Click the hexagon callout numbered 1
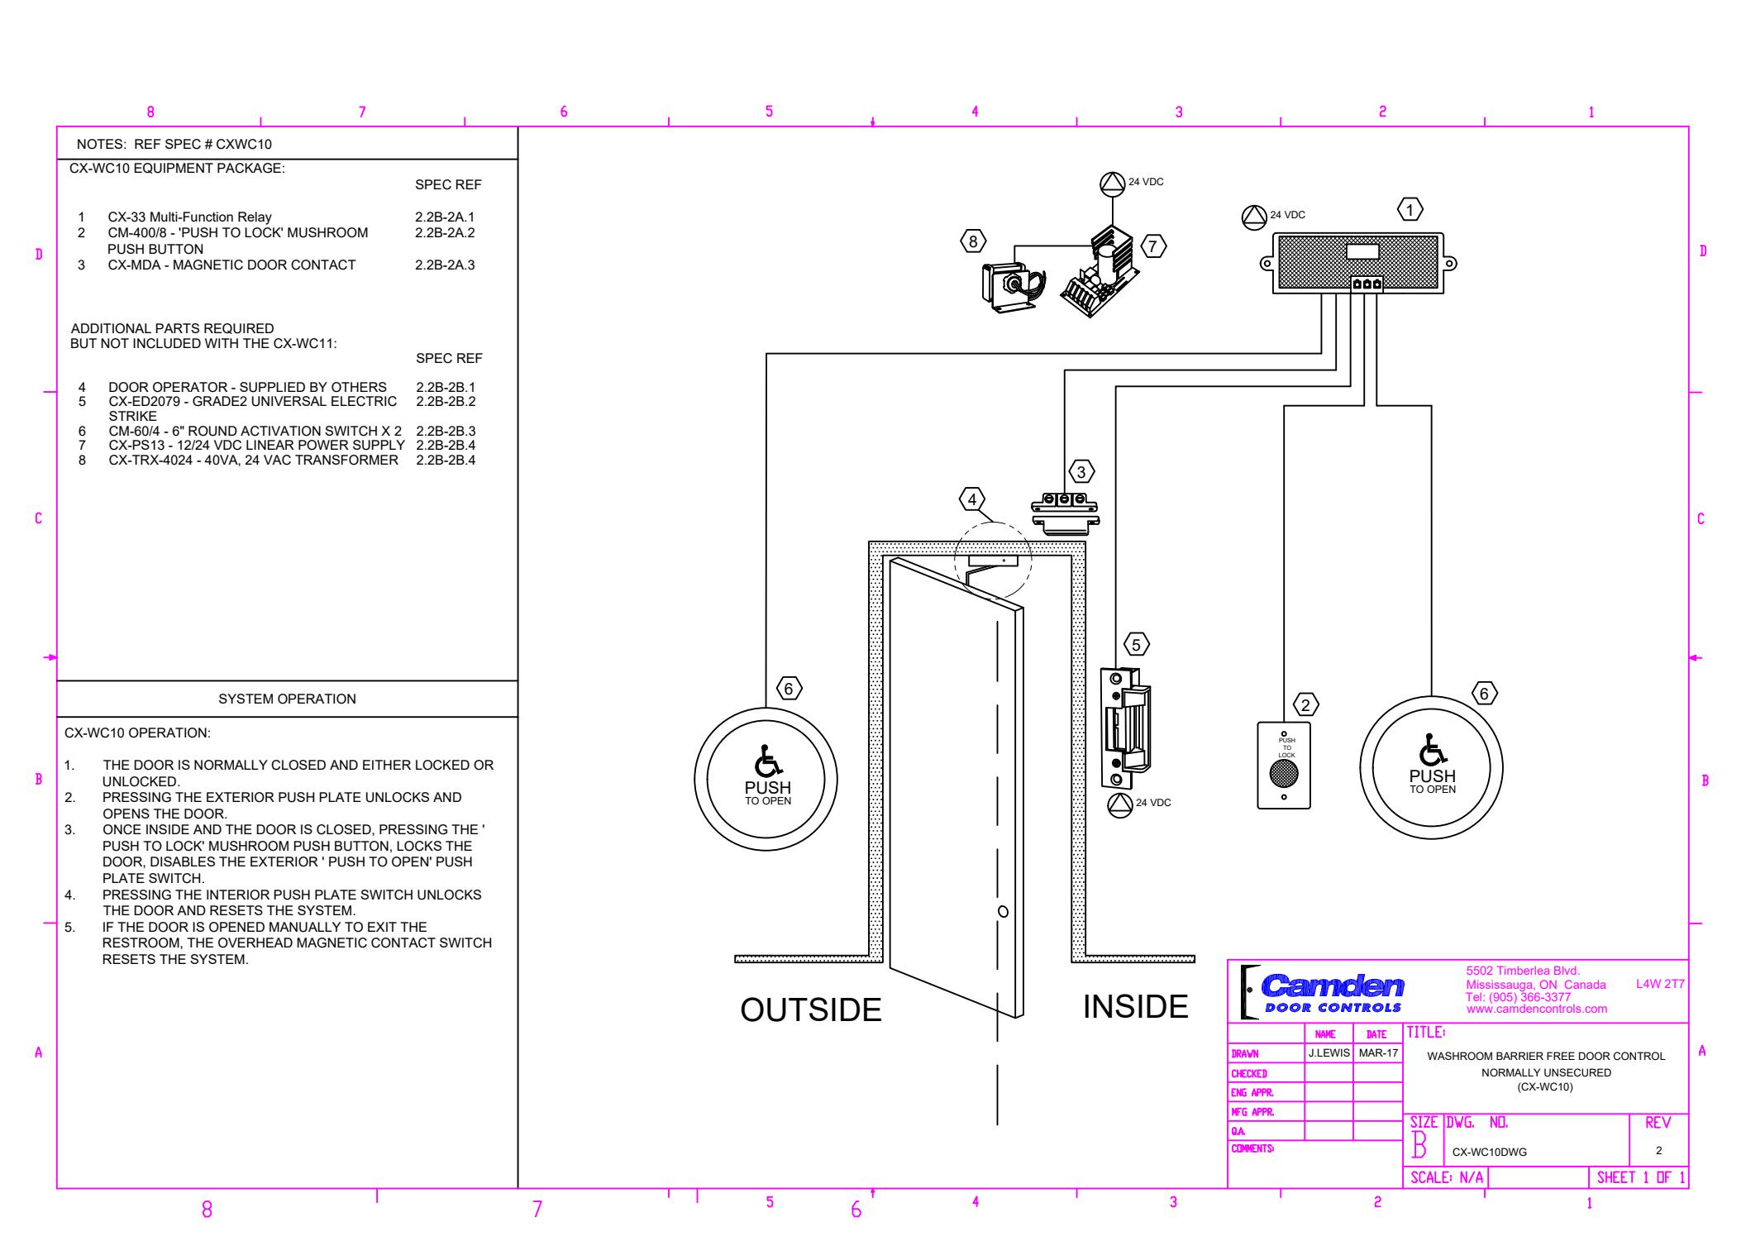[1410, 209]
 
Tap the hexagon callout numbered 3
[1081, 471]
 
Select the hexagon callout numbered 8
[973, 241]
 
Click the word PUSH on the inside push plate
[1433, 776]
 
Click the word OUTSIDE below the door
[811, 1009]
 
